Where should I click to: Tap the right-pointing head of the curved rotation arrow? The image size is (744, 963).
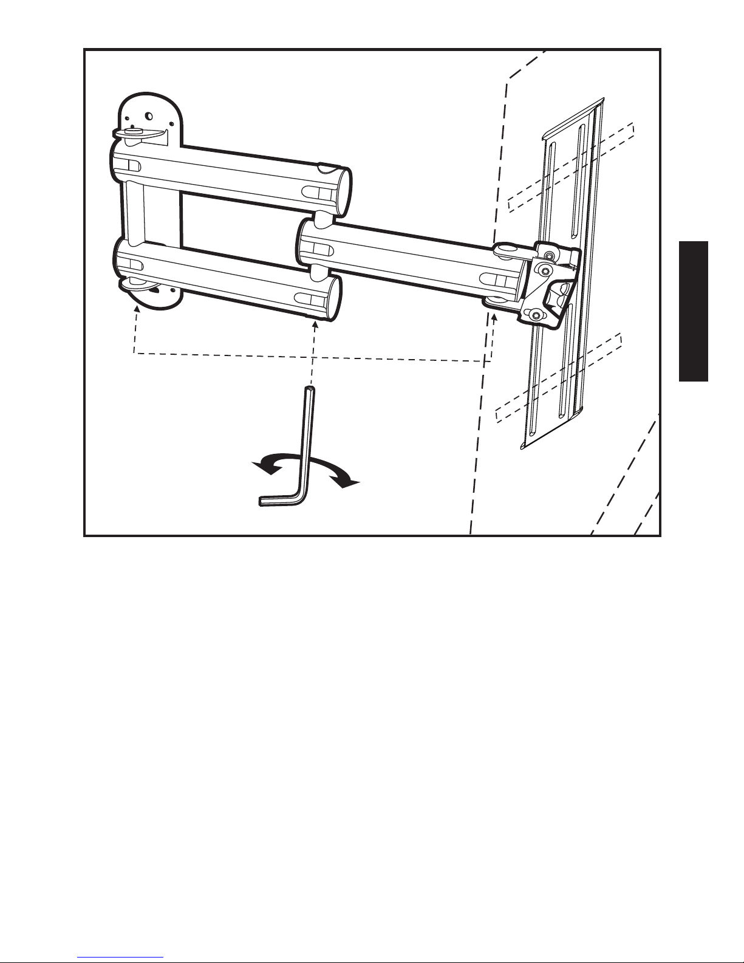pyautogui.click(x=349, y=483)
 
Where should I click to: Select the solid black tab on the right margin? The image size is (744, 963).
pyautogui.click(x=693, y=310)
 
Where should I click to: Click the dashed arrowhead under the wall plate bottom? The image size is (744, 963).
pyautogui.click(x=137, y=310)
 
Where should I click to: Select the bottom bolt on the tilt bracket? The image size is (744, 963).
pyautogui.click(x=535, y=314)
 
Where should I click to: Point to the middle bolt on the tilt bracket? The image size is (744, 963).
pyautogui.click(x=545, y=270)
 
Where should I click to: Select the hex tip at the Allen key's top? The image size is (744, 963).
pyautogui.click(x=310, y=389)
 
